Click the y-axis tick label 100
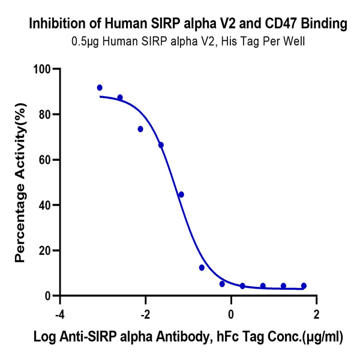(x=41, y=69)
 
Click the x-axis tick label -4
(x=59, y=314)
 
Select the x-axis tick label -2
(x=145, y=314)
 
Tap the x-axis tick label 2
(x=316, y=314)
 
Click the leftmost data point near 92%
(x=100, y=88)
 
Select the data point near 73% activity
(x=140, y=129)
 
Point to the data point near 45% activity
(x=181, y=194)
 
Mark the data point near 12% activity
(x=202, y=268)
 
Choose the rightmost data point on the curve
(x=304, y=286)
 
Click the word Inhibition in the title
(x=55, y=25)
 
